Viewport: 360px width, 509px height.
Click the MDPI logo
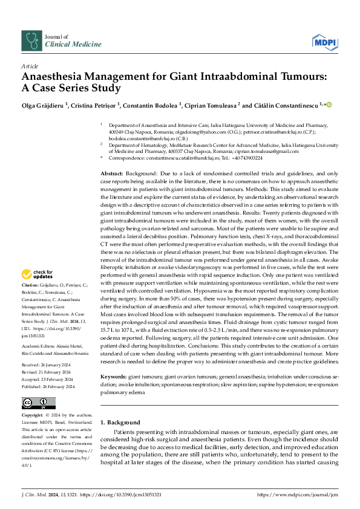click(x=324, y=41)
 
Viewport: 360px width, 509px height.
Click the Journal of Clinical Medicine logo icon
click(x=31, y=41)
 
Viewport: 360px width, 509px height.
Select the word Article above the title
click(x=30, y=66)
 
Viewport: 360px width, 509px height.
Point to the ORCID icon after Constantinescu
click(x=330, y=105)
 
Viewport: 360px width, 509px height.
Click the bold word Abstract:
click(x=112, y=173)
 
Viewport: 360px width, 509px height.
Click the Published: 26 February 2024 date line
click(x=48, y=386)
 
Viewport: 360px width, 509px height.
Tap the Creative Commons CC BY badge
click(x=38, y=403)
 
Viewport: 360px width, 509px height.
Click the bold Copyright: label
click(x=33, y=416)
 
